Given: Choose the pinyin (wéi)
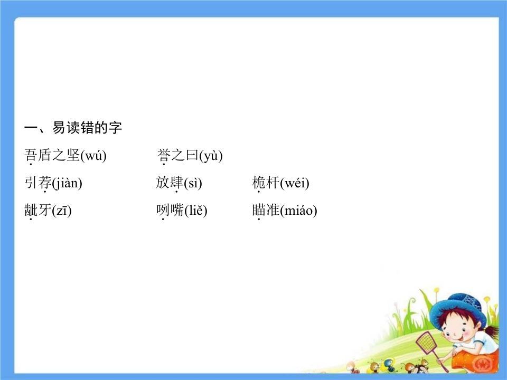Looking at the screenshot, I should [294, 183].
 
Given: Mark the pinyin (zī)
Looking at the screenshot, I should [61, 211].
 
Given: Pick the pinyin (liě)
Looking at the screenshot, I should [195, 211].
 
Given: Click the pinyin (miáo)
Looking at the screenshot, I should [298, 211].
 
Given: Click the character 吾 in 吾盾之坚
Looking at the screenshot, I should [31, 155].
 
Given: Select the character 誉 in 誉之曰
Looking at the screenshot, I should [163, 155].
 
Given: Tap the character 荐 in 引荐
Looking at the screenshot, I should [45, 183].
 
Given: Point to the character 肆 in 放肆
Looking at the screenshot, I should [176, 183].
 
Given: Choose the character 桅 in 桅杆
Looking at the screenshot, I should [259, 183].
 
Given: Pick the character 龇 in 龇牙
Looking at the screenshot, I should [31, 211].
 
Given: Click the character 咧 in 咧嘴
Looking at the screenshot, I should [163, 211].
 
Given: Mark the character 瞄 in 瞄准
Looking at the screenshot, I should [259, 211].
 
